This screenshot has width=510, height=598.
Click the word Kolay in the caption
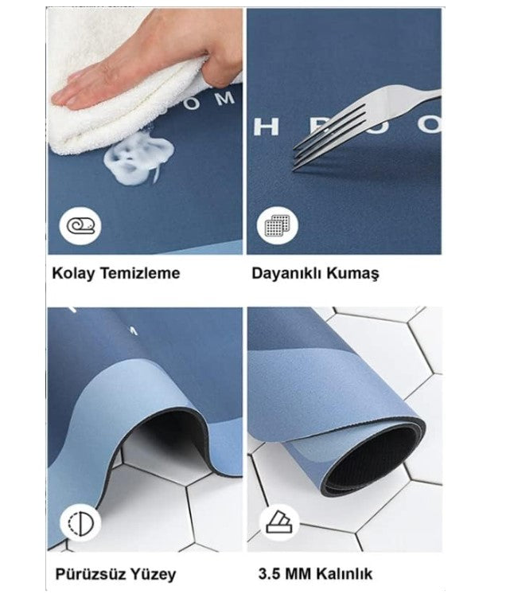coord(72,273)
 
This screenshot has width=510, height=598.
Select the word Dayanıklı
coord(288,273)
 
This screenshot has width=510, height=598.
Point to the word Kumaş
coord(355,273)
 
